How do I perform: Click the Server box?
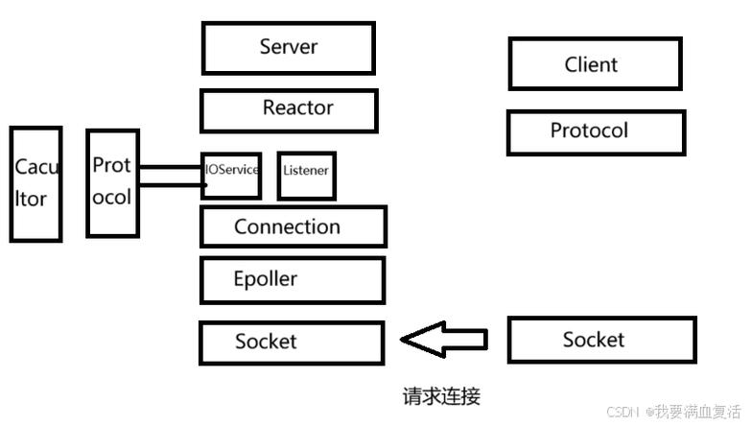tap(288, 47)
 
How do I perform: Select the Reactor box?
tap(289, 110)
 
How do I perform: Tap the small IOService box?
tap(231, 175)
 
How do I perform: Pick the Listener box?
tap(306, 175)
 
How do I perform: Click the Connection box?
tap(293, 227)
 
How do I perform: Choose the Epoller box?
tap(292, 280)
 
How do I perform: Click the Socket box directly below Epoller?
tap(292, 342)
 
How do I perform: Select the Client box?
tap(595, 64)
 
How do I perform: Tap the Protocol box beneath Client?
tap(596, 131)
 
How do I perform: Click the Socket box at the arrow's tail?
tap(600, 340)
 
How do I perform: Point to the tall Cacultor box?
tap(35, 183)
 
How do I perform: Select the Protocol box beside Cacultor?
tap(112, 182)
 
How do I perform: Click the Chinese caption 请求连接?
tap(440, 395)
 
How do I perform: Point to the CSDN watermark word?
tap(623, 411)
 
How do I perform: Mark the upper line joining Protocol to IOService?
tap(171, 167)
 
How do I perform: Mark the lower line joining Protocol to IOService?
tap(171, 185)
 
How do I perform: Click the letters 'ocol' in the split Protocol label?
tap(112, 198)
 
